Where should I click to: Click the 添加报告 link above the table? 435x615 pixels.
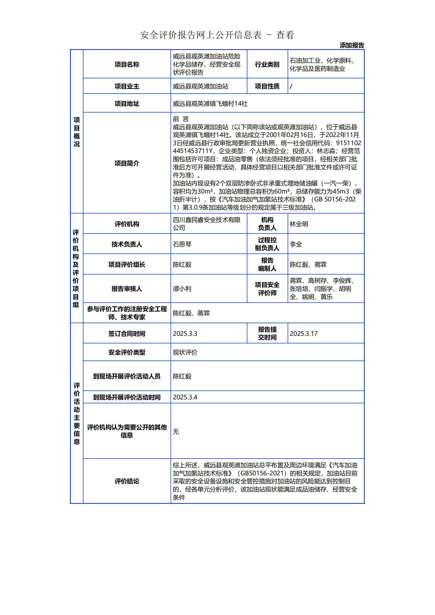tap(352, 45)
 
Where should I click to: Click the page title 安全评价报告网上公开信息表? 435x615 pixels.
tap(201, 35)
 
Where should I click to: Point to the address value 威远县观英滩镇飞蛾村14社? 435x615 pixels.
tap(210, 104)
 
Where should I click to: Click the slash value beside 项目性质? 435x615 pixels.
tap(291, 86)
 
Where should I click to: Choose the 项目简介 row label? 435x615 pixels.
tap(127, 163)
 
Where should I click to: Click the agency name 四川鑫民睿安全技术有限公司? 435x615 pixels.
tap(206, 224)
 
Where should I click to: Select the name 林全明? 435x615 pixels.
tap(299, 224)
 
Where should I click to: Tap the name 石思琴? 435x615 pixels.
tap(182, 244)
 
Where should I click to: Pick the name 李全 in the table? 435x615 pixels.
tap(296, 244)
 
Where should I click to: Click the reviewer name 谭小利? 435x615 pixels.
tap(182, 289)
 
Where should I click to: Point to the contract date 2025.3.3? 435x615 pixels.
tap(185, 333)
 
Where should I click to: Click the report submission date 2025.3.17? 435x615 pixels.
tap(304, 333)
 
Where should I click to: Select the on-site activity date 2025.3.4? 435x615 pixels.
tap(185, 397)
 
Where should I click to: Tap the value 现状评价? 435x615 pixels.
tap(185, 352)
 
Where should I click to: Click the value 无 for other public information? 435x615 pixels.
tap(176, 431)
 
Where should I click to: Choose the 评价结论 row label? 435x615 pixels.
tap(127, 481)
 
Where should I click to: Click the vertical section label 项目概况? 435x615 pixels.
tap(77, 132)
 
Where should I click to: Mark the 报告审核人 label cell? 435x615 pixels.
tap(127, 289)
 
